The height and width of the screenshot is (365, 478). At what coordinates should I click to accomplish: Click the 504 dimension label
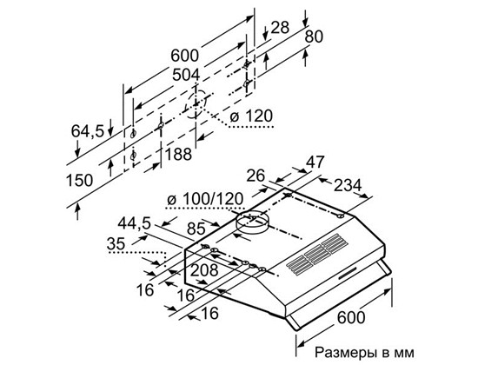coord(186,75)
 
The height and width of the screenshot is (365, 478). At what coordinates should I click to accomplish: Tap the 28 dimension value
coord(280,28)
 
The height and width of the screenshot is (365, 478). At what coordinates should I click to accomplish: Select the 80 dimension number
coord(314,36)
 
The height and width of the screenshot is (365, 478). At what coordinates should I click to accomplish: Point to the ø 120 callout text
coord(251,116)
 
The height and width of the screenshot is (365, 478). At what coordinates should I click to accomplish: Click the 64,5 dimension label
coord(88,131)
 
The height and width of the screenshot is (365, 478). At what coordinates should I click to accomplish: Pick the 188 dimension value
coord(178,155)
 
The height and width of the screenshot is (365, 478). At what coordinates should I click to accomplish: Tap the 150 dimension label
coord(80,180)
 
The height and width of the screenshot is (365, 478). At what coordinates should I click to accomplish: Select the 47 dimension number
coord(315,162)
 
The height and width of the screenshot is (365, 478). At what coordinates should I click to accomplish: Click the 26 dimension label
coord(256,176)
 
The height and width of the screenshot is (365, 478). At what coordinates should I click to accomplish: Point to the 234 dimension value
coord(348,185)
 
